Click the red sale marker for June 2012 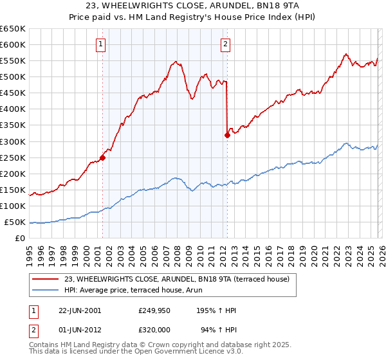click(227, 135)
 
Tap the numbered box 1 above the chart click(102, 44)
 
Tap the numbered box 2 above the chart click(226, 44)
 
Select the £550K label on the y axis click(13, 61)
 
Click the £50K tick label click(15, 222)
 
